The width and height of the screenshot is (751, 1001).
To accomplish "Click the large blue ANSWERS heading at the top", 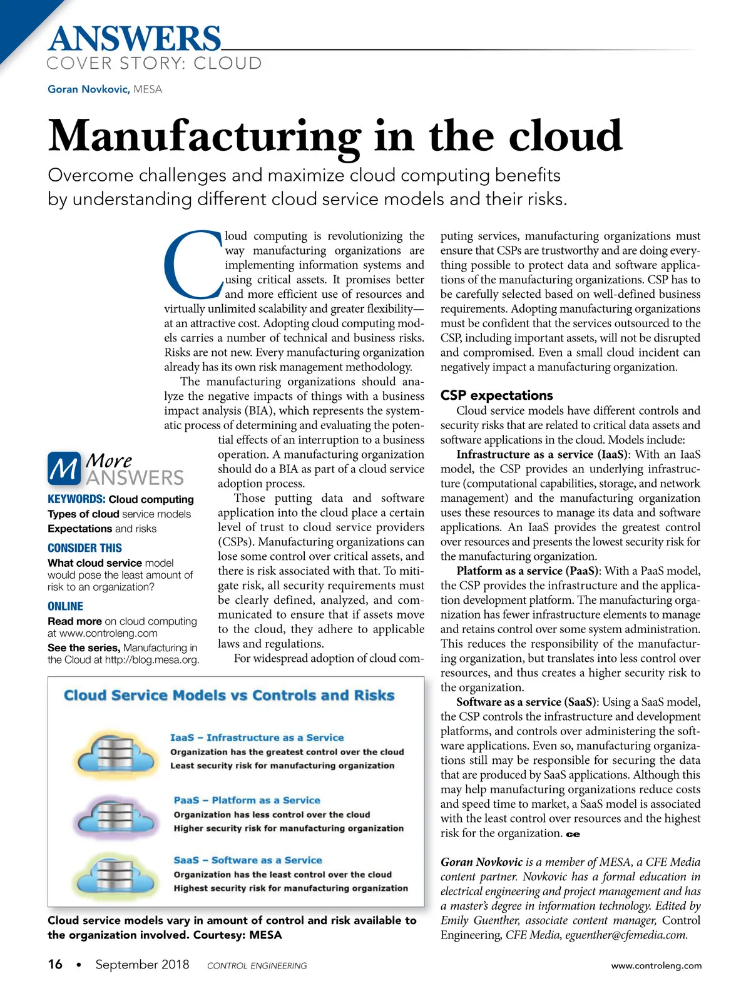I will (x=135, y=39).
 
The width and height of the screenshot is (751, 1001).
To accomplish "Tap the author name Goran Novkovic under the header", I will (x=88, y=89).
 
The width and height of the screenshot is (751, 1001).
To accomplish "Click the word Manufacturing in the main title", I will (x=204, y=136).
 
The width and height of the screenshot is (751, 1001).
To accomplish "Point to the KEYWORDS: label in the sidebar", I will (x=76, y=499).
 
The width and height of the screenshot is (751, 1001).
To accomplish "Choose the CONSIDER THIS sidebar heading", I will (x=84, y=548).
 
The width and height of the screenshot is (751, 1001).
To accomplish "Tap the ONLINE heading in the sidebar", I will (x=65, y=606).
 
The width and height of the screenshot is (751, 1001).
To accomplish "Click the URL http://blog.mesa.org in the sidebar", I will (x=152, y=659).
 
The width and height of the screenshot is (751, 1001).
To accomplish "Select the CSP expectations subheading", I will (x=496, y=395).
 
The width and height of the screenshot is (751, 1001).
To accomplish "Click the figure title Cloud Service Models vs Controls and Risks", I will (x=229, y=696).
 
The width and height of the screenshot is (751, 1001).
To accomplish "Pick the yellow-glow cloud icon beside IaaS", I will (x=113, y=753).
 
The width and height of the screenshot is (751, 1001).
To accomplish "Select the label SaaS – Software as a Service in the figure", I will (x=248, y=860).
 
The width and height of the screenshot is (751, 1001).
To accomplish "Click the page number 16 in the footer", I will (x=55, y=965).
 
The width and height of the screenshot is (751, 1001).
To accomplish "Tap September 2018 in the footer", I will (x=142, y=965).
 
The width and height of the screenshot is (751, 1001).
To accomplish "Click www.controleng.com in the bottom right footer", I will (x=656, y=965).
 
